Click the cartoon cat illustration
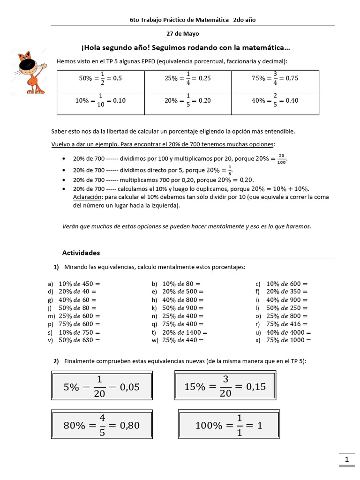[30, 72]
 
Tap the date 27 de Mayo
[183, 34]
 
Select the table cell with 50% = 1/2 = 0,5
[100, 79]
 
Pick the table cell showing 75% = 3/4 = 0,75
[275, 79]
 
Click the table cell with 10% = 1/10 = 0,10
[100, 101]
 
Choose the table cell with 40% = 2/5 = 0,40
[275, 101]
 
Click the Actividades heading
[81, 253]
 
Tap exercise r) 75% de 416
[286, 324]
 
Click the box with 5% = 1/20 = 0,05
[101, 387]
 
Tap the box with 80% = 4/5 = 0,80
[101, 425]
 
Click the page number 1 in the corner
[346, 460]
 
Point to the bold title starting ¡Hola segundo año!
[186, 48]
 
